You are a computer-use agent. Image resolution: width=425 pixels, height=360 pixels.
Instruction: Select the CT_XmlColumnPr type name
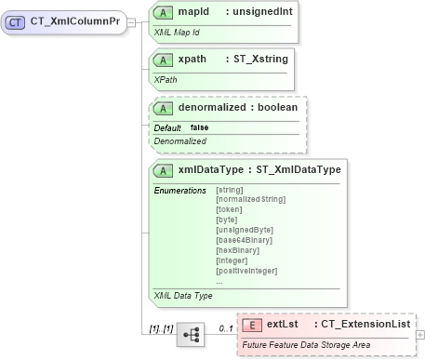74,21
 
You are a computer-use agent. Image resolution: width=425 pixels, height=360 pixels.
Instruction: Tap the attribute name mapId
193,14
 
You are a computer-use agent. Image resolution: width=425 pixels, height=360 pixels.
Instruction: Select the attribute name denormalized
216,108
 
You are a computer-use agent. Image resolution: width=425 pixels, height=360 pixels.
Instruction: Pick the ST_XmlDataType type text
299,170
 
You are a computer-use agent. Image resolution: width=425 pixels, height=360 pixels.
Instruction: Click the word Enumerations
179,190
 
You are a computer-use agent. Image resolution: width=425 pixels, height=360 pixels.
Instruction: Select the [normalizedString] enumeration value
250,199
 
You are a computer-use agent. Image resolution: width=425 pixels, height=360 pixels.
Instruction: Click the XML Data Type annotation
183,295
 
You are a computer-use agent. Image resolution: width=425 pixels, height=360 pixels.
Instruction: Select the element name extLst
282,325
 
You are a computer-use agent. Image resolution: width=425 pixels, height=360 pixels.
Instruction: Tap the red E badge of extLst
251,325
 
